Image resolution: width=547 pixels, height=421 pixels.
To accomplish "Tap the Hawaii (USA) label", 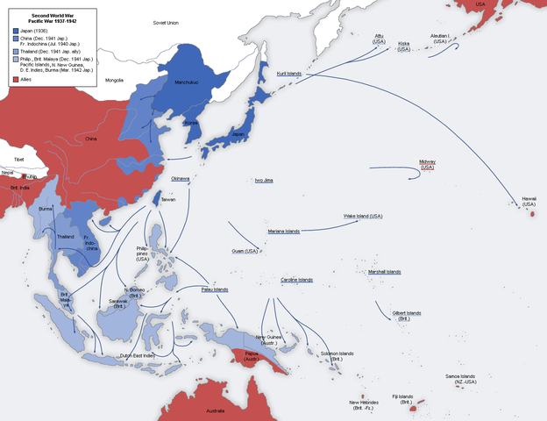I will pos(529,202).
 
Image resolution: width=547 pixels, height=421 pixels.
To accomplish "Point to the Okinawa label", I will pos(181,178).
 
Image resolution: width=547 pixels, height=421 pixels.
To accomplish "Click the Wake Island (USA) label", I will pos(363,216).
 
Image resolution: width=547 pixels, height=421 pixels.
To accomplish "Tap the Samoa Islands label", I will pos(459,379).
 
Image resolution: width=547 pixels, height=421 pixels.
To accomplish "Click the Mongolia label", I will pos(115,80).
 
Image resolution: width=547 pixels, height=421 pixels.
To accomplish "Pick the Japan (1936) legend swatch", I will pos(17,30).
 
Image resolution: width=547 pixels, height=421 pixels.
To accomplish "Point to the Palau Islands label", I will pos(214,289).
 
